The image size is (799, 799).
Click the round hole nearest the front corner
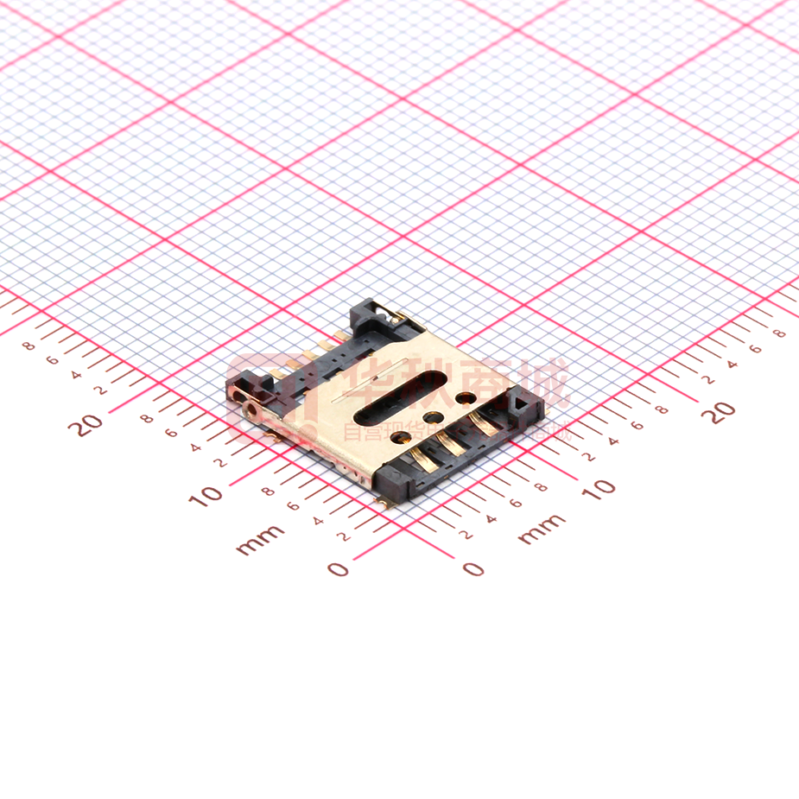pyautogui.click(x=400, y=437)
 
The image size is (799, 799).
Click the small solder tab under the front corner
pyautogui.click(x=381, y=500)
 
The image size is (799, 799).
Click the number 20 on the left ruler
pyautogui.click(x=86, y=423)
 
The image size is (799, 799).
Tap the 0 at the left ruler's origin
pyautogui.click(x=339, y=568)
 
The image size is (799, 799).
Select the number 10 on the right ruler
pyautogui.click(x=598, y=486)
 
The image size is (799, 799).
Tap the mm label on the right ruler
pyautogui.click(x=542, y=528)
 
